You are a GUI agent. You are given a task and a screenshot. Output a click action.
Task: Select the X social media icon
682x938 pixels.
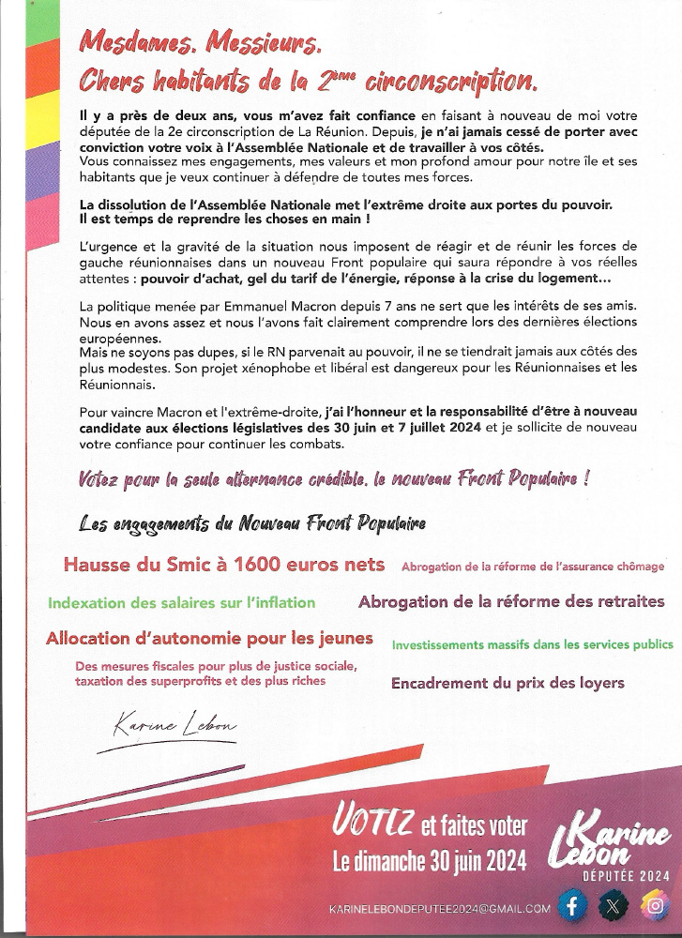click(613, 905)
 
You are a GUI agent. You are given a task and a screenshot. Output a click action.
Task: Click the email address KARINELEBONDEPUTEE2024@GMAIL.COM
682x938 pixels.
click(439, 908)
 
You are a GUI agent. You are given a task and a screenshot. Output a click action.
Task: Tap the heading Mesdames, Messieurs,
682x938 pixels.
click(200, 42)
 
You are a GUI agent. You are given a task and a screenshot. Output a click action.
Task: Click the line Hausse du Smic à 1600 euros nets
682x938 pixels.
click(224, 564)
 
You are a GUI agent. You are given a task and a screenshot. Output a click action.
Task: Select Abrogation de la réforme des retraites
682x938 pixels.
click(511, 601)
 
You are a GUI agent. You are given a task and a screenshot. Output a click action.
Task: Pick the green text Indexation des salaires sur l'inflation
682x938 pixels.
click(182, 603)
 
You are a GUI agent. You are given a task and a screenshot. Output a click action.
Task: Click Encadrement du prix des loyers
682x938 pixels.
click(508, 683)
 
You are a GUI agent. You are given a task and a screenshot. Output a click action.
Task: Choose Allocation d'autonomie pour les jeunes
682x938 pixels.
click(209, 639)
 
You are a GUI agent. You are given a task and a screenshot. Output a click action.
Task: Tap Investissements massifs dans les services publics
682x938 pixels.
click(532, 644)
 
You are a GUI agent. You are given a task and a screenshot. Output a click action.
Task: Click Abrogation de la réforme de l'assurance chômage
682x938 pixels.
click(532, 567)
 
